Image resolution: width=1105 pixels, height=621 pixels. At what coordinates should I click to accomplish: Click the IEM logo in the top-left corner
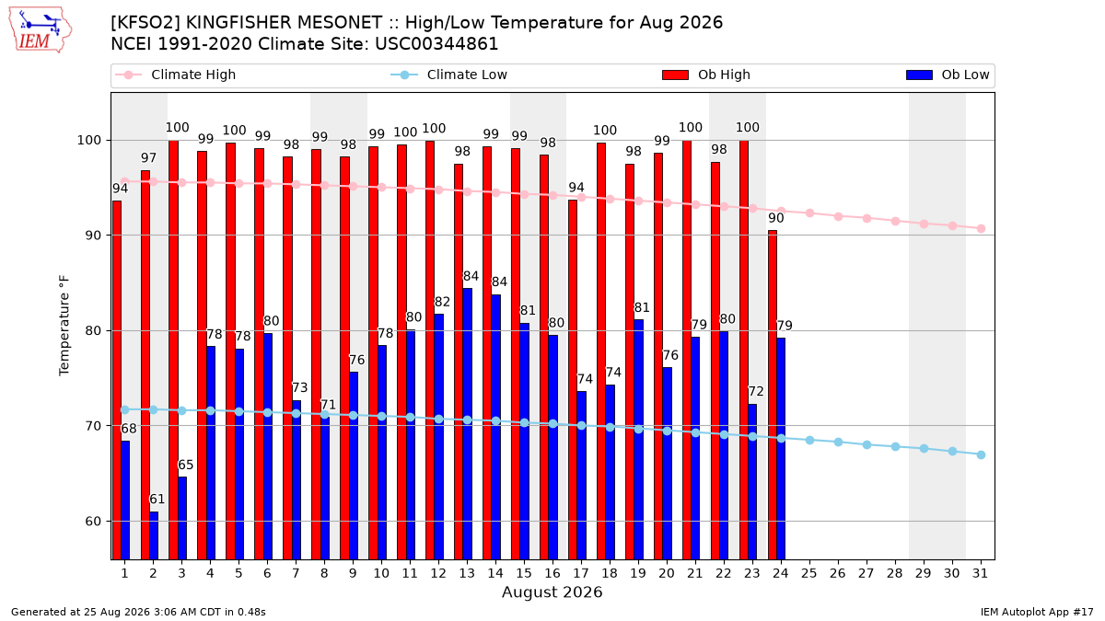tap(41, 30)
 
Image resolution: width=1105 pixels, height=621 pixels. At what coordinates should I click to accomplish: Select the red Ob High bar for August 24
tap(773, 395)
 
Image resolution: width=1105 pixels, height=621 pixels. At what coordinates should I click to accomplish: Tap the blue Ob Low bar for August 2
tap(154, 535)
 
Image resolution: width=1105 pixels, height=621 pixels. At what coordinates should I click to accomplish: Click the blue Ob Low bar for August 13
tap(467, 424)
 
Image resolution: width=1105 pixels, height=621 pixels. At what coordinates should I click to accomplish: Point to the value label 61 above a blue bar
tap(157, 500)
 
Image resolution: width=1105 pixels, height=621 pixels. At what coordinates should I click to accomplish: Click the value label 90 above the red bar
tap(776, 218)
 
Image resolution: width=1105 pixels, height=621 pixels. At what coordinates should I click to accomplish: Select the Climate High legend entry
tap(176, 75)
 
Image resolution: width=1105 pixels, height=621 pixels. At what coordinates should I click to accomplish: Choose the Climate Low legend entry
tap(449, 75)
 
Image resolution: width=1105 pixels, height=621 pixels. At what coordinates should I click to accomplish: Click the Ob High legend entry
tap(706, 75)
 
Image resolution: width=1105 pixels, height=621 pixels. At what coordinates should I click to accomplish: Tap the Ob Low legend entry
tap(948, 75)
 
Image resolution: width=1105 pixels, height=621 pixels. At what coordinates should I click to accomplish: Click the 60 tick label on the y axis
tap(93, 521)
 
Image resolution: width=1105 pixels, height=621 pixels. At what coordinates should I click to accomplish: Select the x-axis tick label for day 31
tap(980, 573)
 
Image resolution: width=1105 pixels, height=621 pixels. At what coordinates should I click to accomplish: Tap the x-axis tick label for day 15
tap(524, 573)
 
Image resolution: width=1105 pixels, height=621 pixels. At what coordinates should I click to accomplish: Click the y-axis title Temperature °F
tap(64, 326)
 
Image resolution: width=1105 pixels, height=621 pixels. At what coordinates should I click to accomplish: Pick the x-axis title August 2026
tap(552, 592)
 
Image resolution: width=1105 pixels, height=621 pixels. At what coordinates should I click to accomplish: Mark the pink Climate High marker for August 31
tap(981, 229)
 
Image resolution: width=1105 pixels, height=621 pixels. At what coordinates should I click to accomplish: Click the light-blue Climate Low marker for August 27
tap(867, 444)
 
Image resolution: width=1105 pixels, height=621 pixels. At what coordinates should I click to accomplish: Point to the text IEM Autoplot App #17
tap(1037, 612)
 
